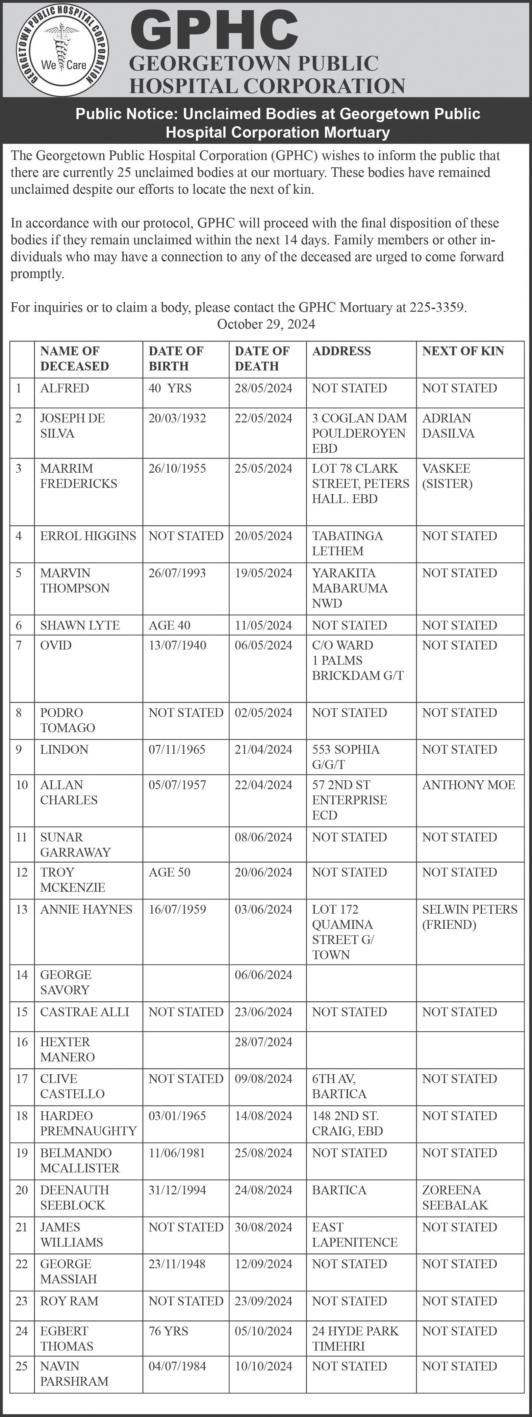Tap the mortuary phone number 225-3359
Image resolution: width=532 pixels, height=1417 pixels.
coord(437,307)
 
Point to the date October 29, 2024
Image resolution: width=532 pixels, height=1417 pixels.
coord(266,324)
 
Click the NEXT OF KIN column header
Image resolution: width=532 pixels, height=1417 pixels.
coord(463,351)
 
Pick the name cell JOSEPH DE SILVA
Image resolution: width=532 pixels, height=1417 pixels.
coord(72,426)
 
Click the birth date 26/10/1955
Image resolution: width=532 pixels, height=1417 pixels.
coord(177,469)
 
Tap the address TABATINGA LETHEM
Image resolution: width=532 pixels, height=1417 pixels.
coord(348,544)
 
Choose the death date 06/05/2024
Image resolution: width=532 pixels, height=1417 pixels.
coord(263,645)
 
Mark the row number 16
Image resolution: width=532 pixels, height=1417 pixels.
coord(22,1042)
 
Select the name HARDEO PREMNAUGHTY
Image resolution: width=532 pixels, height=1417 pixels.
coord(88,1123)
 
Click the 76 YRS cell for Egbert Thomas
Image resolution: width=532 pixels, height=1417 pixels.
coord(169,1331)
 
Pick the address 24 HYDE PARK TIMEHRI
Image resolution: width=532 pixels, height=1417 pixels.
coord(355,1338)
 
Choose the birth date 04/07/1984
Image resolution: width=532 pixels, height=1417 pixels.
coord(177,1366)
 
